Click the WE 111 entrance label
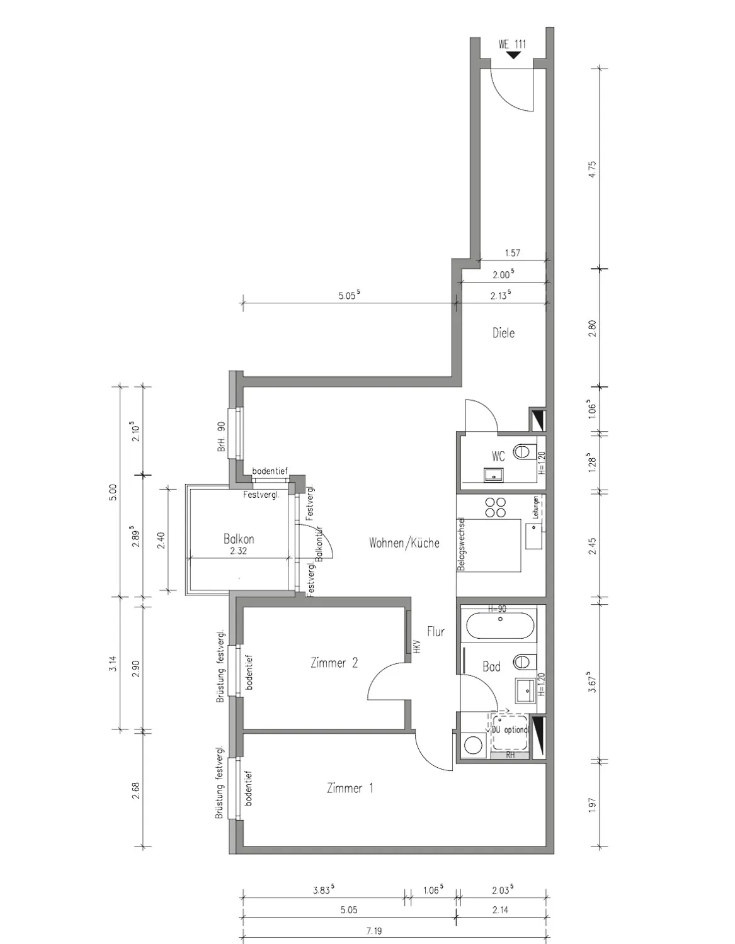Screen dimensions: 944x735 pyautogui.click(x=511, y=44)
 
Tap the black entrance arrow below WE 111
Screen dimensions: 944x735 pyautogui.click(x=513, y=55)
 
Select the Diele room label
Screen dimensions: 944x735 pyautogui.click(x=503, y=333)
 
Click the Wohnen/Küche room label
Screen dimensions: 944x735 pyautogui.click(x=404, y=542)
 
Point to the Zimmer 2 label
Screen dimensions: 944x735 pyautogui.click(x=334, y=663)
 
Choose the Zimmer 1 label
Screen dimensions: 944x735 pyautogui.click(x=350, y=788)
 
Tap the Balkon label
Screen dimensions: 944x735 pyautogui.click(x=239, y=539)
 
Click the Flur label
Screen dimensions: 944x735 pyautogui.click(x=436, y=631)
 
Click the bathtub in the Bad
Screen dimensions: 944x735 pyautogui.click(x=500, y=626)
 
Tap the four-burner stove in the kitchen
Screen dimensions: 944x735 pyautogui.click(x=496, y=507)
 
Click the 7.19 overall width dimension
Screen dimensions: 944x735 pyautogui.click(x=373, y=930)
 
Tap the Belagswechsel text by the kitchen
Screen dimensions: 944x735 pyautogui.click(x=461, y=544)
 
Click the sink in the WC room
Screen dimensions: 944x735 pyautogui.click(x=495, y=475)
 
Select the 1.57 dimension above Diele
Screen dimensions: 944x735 pyautogui.click(x=512, y=253)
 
